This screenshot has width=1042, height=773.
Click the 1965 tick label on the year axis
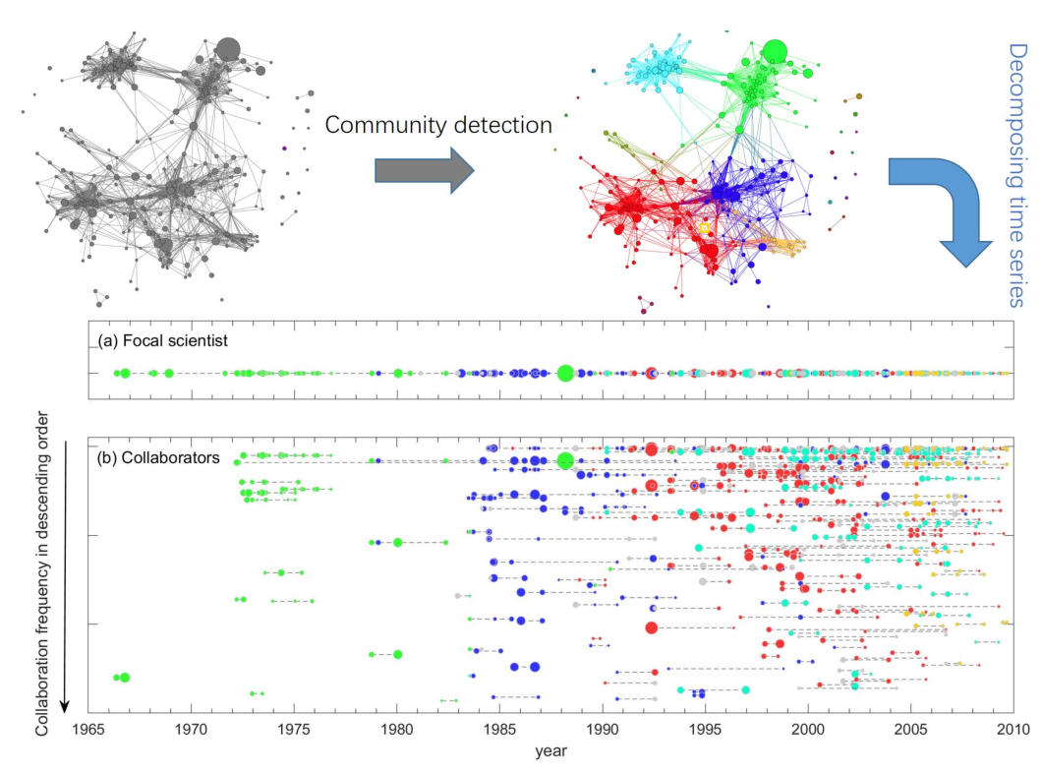pos(87,731)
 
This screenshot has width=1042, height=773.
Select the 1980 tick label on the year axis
pos(396,731)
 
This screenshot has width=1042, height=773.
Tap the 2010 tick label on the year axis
pos(1012,731)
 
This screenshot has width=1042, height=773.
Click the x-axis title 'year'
pos(550,752)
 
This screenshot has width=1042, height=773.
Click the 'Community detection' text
pos(438,125)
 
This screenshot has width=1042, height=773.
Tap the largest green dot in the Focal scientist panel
pos(565,373)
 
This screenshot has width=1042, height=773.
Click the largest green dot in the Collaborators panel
pos(565,460)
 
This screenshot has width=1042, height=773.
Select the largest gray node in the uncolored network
pos(228,48)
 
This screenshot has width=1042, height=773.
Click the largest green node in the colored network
pos(776,51)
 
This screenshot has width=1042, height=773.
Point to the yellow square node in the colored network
pos(704,227)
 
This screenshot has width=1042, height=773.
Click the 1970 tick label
pos(191,731)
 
